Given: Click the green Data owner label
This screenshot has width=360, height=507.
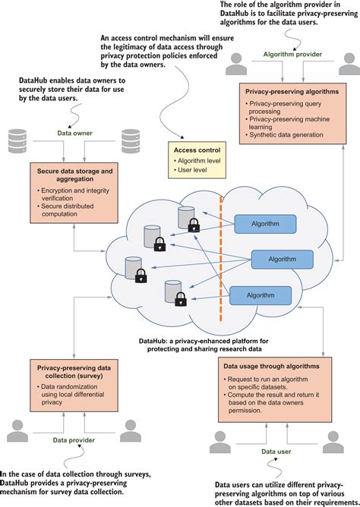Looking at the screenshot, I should click(74, 134).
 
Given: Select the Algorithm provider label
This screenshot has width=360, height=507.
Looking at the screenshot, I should click(288, 55).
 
